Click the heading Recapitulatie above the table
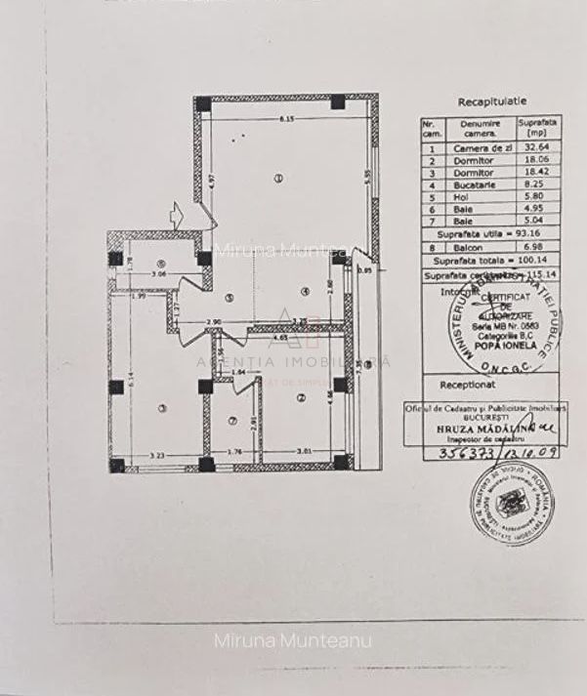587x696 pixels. pos(491,101)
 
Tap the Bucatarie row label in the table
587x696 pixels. pos(475,184)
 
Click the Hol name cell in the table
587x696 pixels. pos(475,195)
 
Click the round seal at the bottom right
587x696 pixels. pos(508,504)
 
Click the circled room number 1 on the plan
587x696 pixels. pos(278,178)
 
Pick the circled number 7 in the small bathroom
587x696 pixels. pos(231,421)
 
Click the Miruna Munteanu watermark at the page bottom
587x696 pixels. pos(293,641)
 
